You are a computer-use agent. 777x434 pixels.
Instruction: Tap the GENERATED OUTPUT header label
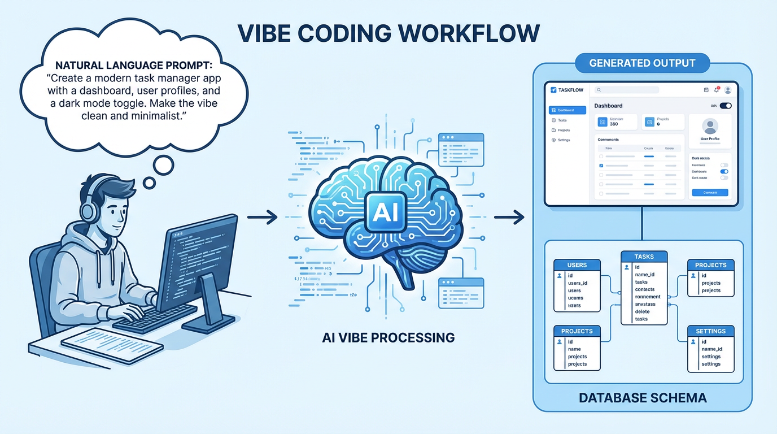pyautogui.click(x=642, y=63)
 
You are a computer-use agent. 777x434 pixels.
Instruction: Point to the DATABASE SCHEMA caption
pyautogui.click(x=643, y=398)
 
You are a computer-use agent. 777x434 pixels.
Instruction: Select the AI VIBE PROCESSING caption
pyautogui.click(x=388, y=337)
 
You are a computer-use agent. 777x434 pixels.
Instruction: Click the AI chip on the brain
pyautogui.click(x=386, y=212)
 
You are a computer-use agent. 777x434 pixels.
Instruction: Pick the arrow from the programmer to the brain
pyautogui.click(x=263, y=216)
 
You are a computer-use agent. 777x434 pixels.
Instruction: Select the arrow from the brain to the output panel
pyautogui.click(x=509, y=216)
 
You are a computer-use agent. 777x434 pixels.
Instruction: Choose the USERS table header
pyautogui.click(x=577, y=264)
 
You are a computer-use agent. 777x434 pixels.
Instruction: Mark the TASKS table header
pyautogui.click(x=644, y=256)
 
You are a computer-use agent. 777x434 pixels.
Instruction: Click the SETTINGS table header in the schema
pyautogui.click(x=710, y=331)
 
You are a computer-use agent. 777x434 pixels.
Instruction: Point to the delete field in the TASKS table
pyautogui.click(x=642, y=311)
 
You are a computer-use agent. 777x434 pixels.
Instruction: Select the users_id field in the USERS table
pyautogui.click(x=578, y=283)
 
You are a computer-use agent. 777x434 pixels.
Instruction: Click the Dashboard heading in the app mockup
pyautogui.click(x=608, y=106)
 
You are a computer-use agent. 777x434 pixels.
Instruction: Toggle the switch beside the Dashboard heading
pyautogui.click(x=726, y=106)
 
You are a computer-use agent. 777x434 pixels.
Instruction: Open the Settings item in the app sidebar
pyautogui.click(x=563, y=140)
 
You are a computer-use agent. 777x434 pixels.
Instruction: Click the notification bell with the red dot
pyautogui.click(x=717, y=89)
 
